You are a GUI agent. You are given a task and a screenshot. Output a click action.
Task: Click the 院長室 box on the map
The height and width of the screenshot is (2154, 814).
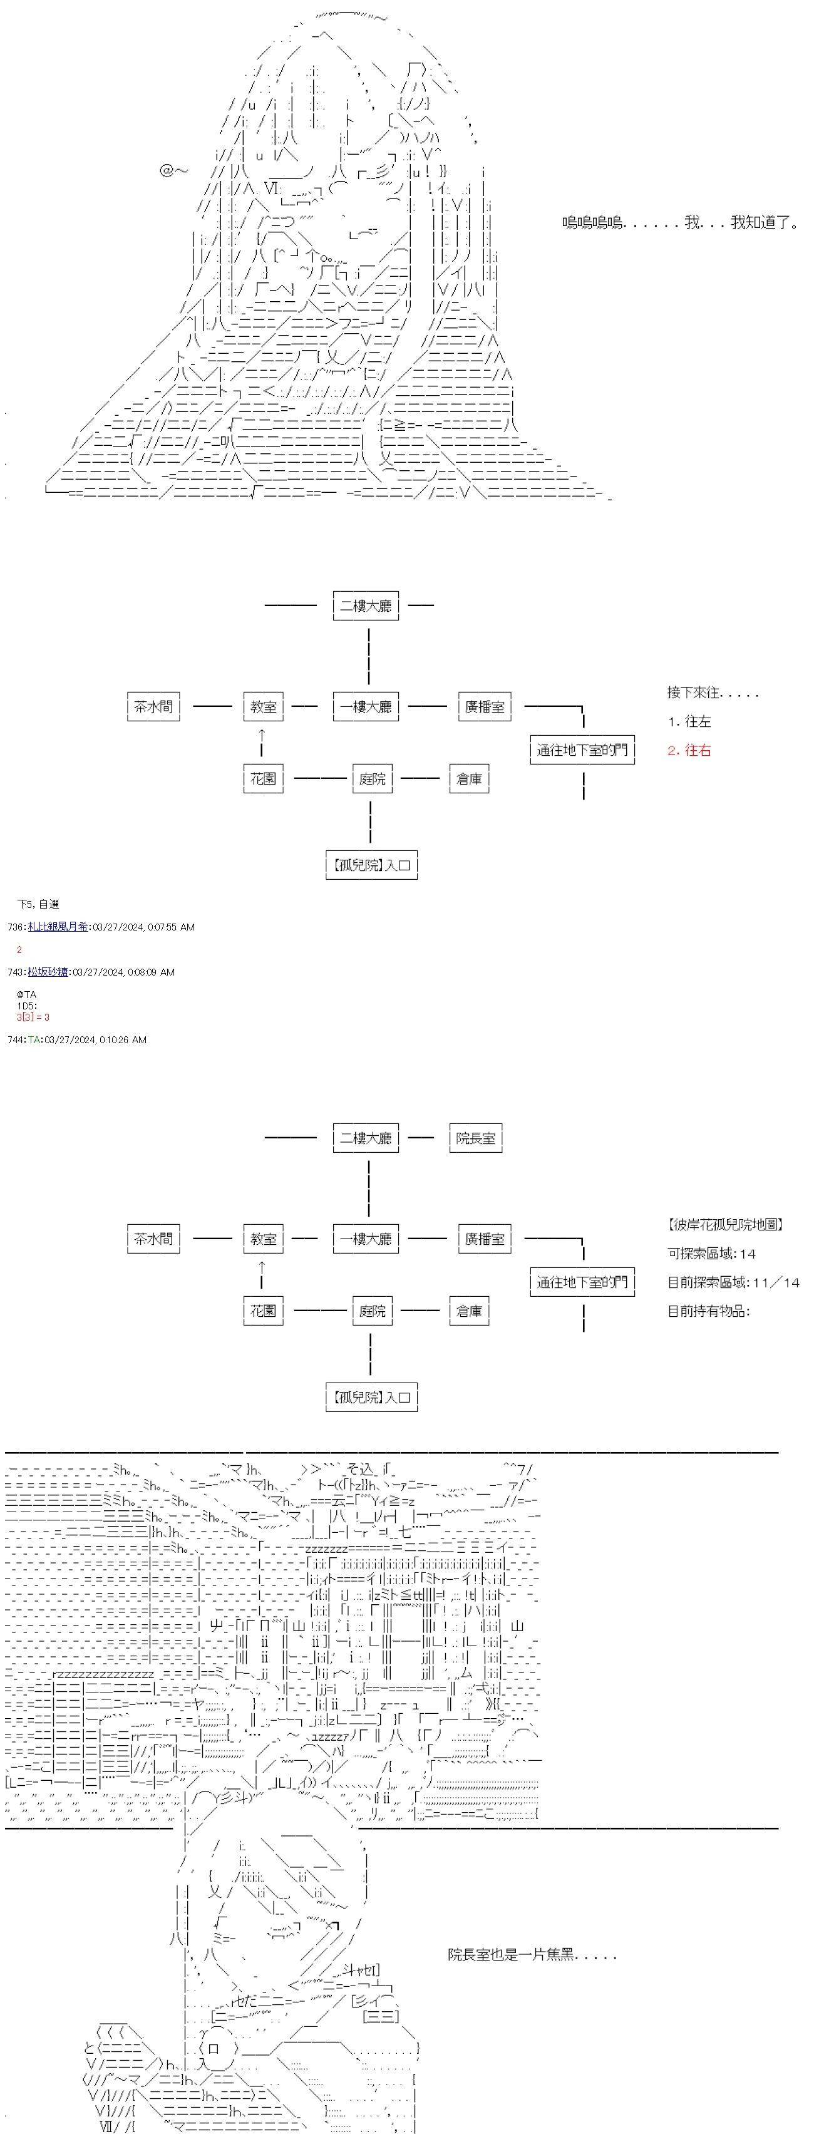[x=475, y=1138]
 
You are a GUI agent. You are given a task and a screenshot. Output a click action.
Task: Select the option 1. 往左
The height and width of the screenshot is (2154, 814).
[x=689, y=721]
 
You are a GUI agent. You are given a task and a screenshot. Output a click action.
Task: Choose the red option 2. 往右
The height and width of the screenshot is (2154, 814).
[x=689, y=751]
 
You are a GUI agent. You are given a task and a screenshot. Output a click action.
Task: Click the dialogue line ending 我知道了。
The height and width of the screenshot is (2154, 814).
[x=679, y=222]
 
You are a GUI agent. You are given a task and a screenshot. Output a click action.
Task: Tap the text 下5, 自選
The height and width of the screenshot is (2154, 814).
[x=38, y=904]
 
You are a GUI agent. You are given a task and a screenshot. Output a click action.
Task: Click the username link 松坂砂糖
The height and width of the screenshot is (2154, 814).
[x=48, y=972]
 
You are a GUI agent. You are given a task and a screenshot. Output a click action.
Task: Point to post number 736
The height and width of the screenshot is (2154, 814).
[x=15, y=927]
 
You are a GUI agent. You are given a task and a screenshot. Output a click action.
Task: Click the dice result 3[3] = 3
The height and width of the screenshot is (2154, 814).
[x=33, y=1017]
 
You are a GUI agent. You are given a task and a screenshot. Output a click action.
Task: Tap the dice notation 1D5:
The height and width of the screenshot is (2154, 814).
[x=27, y=1006]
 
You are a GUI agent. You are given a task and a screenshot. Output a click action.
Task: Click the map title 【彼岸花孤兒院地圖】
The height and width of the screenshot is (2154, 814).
[x=725, y=1224]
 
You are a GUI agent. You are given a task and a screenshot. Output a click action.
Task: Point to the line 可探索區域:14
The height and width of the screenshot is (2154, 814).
[x=711, y=1254]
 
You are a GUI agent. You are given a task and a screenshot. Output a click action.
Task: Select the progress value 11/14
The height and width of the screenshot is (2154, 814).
[x=776, y=1282]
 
